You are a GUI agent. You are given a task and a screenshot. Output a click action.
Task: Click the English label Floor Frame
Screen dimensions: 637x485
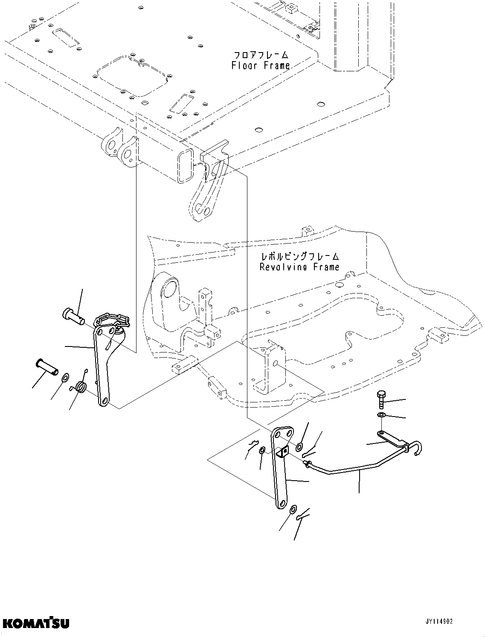[x=260, y=65]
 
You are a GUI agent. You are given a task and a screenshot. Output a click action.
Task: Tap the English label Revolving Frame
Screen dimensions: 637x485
[x=299, y=267]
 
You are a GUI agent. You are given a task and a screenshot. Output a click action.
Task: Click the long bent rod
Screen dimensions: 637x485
[x=358, y=469]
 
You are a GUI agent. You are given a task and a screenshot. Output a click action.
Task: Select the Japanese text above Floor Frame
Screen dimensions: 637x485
[x=261, y=56]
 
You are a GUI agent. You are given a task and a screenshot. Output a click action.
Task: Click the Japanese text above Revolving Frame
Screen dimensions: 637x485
[x=300, y=257]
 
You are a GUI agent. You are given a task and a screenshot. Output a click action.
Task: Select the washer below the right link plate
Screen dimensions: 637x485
[x=293, y=510]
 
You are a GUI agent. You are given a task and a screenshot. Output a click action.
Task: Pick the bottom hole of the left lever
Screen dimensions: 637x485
[x=104, y=401]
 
